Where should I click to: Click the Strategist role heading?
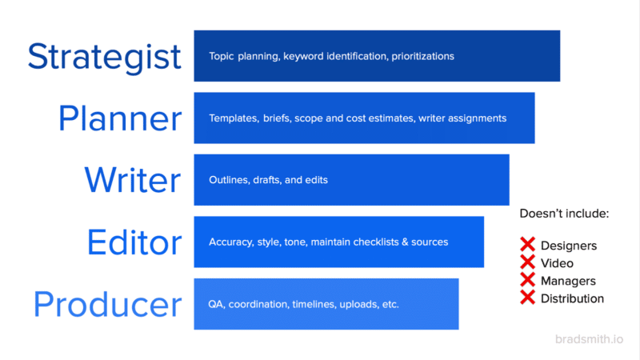[104, 56]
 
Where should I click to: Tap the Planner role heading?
[120, 118]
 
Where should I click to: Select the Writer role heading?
[133, 180]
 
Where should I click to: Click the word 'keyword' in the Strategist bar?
[304, 57]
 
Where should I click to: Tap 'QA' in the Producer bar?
[216, 304]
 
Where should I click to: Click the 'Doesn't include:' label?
[564, 214]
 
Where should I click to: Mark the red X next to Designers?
[528, 245]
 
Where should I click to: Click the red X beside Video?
[528, 262]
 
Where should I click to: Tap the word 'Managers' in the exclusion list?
[568, 281]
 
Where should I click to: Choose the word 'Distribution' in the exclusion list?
[572, 298]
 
